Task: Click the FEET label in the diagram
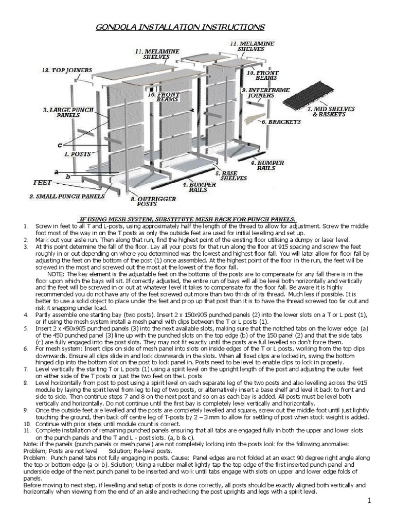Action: (42, 182)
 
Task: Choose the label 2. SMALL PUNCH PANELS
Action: (67, 196)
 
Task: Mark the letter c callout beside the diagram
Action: (60, 145)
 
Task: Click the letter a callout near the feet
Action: (56, 170)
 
